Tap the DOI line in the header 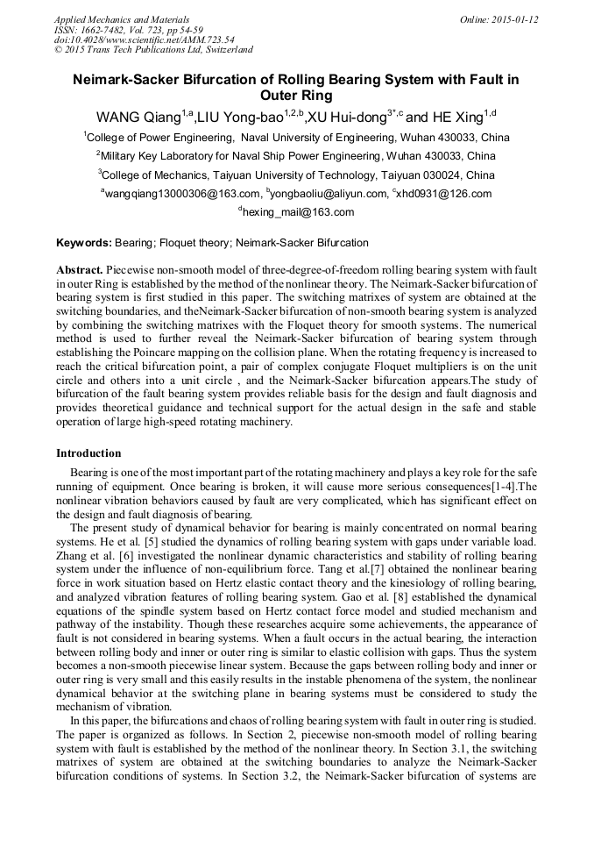144,39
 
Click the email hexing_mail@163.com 298,212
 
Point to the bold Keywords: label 84,243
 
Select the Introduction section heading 88,453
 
